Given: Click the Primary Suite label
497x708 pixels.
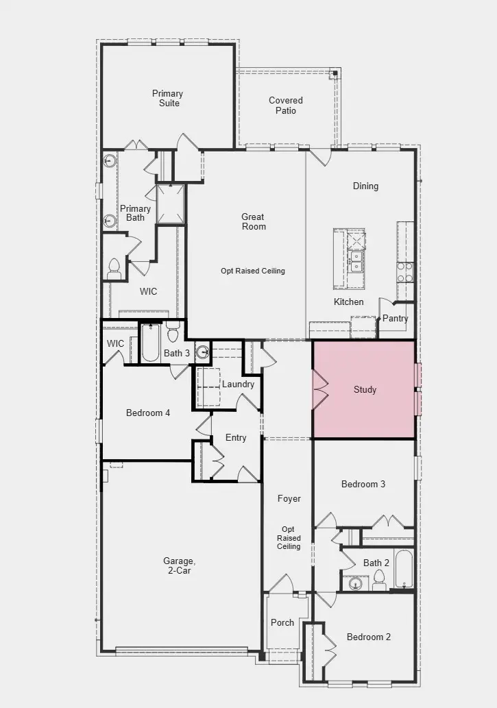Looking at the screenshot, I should (x=167, y=98).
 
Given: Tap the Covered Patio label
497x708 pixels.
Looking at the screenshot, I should (x=286, y=105).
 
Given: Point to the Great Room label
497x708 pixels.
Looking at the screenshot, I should (x=252, y=221).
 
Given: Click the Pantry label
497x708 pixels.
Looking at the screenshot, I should (x=395, y=318).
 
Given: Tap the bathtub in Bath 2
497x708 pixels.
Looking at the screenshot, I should (x=404, y=568).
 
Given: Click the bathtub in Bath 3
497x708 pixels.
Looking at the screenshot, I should (x=150, y=343).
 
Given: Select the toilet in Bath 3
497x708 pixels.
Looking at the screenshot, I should (x=173, y=333).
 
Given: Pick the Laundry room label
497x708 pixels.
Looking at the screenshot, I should (x=238, y=384).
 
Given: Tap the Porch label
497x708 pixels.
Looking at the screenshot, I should (x=282, y=622).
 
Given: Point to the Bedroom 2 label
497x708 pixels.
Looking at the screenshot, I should (x=369, y=637).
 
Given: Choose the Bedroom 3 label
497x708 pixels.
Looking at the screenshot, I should (x=363, y=484).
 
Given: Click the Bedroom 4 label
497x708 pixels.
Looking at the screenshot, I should (x=148, y=413).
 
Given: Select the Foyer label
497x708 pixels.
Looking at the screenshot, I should (x=289, y=498).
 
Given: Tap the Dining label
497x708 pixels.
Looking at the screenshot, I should (x=365, y=186).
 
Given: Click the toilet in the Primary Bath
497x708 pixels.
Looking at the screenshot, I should (x=114, y=267).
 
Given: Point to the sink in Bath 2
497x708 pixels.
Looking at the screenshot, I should (x=354, y=584).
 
